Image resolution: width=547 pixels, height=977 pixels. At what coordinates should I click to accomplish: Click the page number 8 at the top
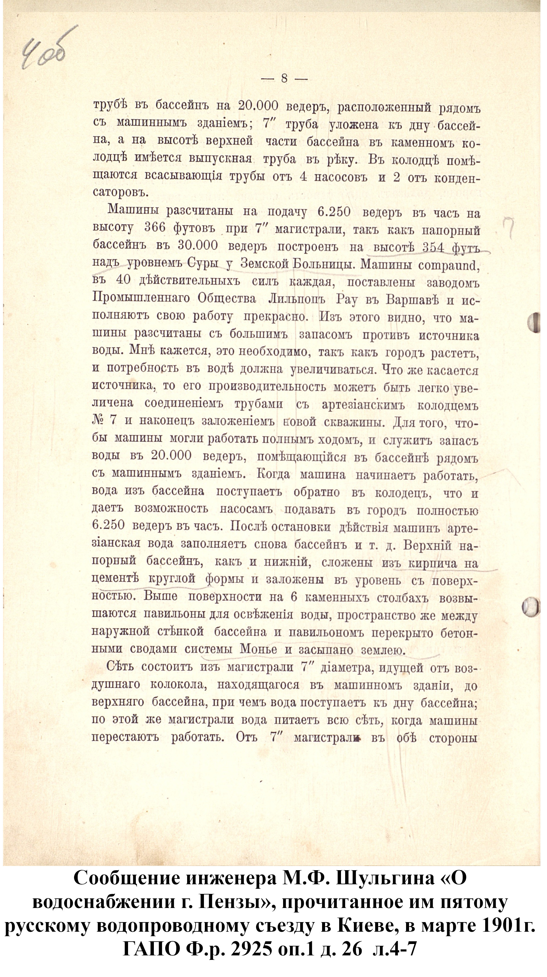[284, 79]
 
